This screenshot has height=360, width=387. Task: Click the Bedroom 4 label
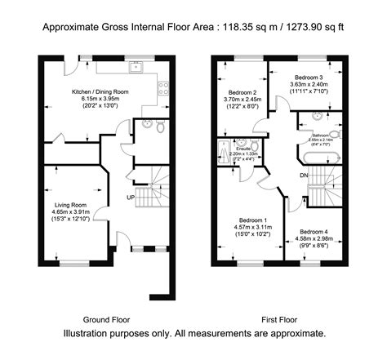(314, 231)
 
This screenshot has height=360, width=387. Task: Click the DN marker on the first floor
(303, 175)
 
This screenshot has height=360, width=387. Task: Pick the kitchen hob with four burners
(163, 84)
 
